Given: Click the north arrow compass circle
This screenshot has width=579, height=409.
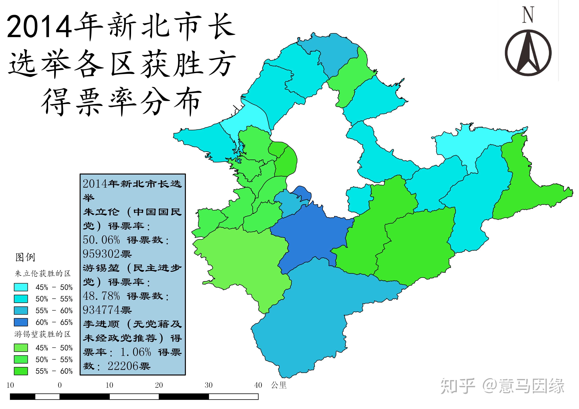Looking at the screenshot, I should pyautogui.click(x=528, y=53).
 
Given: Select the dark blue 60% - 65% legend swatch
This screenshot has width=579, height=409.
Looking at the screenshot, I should pyautogui.click(x=21, y=322).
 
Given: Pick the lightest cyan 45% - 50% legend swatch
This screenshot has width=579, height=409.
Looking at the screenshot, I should pyautogui.click(x=21, y=287).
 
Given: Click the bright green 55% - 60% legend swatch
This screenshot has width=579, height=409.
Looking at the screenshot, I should pyautogui.click(x=21, y=371).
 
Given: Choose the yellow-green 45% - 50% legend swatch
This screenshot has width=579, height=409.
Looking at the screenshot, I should pyautogui.click(x=21, y=348).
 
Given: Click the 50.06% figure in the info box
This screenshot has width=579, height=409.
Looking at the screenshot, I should pyautogui.click(x=101, y=240).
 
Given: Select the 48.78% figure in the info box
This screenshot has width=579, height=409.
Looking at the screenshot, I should pyautogui.click(x=101, y=296).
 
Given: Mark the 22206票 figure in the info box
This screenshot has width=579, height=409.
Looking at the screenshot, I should pyautogui.click(x=129, y=366).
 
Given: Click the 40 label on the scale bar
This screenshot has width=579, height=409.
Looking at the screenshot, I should pyautogui.click(x=258, y=385).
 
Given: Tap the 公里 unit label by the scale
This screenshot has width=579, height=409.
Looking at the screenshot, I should pyautogui.click(x=279, y=385).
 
